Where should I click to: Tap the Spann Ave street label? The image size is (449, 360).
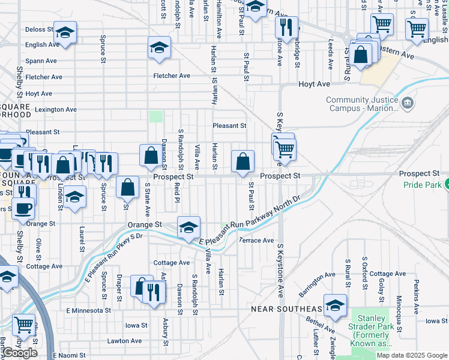pos(41,61)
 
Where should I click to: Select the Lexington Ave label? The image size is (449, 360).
pos(55,110)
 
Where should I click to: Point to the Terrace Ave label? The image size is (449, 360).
pos(256,241)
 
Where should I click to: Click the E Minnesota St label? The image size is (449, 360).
pos(88,310)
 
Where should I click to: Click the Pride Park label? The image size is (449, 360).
pos(422,186)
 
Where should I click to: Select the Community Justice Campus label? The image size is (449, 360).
pos(362,104)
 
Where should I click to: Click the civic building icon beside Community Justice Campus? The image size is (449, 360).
pos(408,104)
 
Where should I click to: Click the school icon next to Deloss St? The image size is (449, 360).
pos(65,31)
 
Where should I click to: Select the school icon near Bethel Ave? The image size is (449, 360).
pos(335,305)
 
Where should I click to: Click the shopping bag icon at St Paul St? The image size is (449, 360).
pos(243,161)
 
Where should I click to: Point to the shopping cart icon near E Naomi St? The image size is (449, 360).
pos(23,325)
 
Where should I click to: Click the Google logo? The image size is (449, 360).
pos(20,353)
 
